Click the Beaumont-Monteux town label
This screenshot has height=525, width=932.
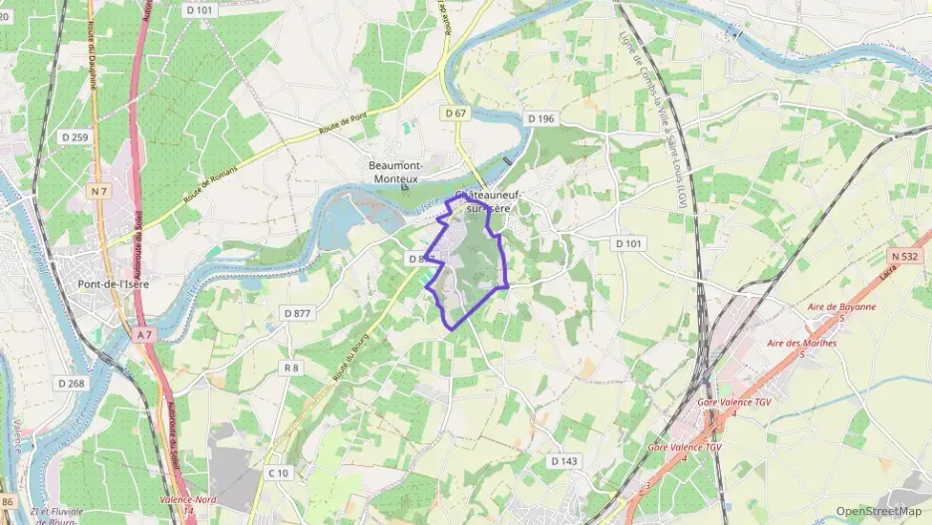395,171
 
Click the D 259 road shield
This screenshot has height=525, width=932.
74,136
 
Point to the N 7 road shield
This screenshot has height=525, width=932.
99,190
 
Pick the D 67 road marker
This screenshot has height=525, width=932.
455,114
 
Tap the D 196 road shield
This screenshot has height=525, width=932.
541,119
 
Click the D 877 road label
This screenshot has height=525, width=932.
297,313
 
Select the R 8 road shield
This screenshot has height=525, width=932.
291,368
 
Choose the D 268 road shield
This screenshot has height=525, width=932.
71,384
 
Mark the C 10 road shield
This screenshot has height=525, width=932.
280,472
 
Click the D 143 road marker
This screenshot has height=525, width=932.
565,461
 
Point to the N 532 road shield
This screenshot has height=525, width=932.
905,256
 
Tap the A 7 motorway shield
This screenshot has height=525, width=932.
142,336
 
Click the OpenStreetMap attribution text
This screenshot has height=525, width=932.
878,511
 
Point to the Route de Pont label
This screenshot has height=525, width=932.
344,128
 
